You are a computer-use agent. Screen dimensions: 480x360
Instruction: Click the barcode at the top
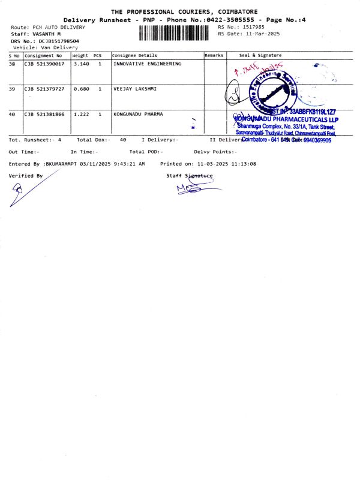tap(176, 33)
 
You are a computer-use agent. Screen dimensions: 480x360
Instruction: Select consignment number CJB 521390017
tap(44, 64)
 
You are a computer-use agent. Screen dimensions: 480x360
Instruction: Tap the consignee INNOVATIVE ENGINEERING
tap(147, 64)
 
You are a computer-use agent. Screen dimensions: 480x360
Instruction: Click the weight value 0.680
tap(81, 89)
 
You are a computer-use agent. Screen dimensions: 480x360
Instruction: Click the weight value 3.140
tap(81, 64)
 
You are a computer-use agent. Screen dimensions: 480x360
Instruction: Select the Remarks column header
tap(214, 55)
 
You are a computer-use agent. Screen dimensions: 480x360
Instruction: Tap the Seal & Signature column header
tap(260, 55)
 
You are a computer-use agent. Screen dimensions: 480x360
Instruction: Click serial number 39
tap(12, 89)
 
